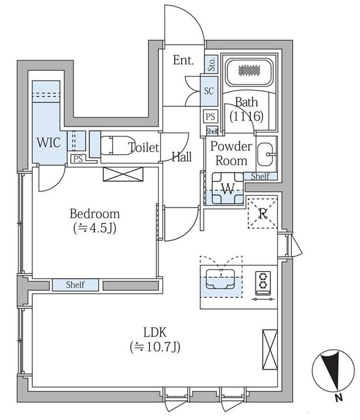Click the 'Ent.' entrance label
point(183,61)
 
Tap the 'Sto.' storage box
point(212,64)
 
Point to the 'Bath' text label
point(246,102)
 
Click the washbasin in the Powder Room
point(266,156)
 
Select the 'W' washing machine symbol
point(227,189)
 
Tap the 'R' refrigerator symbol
point(263,212)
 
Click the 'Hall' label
point(182,156)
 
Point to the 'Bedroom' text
point(95,214)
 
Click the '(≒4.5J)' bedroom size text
point(95,229)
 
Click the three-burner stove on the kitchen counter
point(263,281)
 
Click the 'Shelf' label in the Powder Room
point(260,176)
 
